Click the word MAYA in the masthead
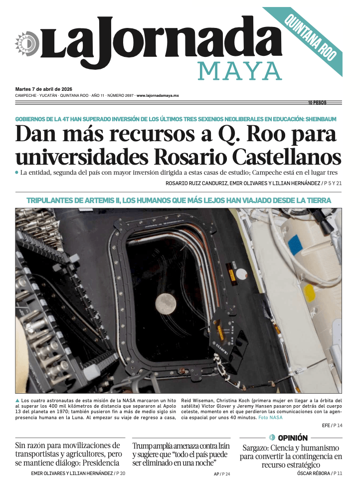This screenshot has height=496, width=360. pos(240,71)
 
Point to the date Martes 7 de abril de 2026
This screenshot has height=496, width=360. pos(44,89)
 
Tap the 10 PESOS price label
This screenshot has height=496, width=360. pos(317,103)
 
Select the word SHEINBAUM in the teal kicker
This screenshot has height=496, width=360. pos(315,119)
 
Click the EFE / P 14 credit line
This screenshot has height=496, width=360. pos(332,425)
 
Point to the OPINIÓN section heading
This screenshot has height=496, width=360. pos(293,438)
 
